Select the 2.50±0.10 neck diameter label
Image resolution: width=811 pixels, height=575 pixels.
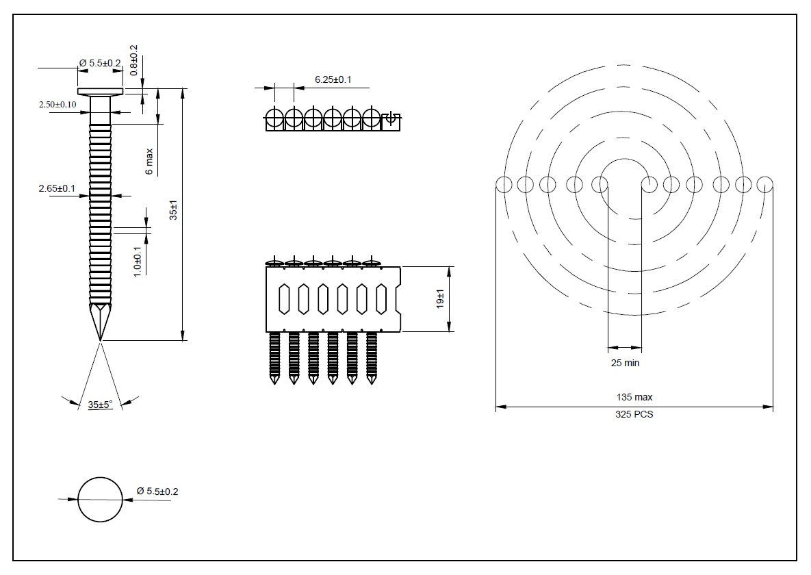tap(57, 104)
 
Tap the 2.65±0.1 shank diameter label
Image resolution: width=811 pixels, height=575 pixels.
tap(57, 188)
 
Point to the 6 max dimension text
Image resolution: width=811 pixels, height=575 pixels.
tap(150, 162)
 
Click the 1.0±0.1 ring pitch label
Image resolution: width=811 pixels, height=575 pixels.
tap(138, 261)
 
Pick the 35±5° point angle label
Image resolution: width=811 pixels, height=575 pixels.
tap(100, 405)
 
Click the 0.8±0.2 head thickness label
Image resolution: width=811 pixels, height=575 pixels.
tap(134, 60)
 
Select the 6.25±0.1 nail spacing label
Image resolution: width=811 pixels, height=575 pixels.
tap(333, 80)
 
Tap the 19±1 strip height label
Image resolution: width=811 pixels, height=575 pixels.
tap(441, 298)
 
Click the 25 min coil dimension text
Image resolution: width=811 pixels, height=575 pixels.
tap(625, 363)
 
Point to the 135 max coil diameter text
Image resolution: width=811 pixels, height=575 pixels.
tap(634, 397)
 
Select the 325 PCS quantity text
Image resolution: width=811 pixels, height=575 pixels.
tap(634, 414)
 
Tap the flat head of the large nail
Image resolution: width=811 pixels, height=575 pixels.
tap(100, 92)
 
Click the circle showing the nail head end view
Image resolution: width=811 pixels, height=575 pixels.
tap(100, 499)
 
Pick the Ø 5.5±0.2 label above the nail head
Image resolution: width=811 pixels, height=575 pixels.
tap(100, 63)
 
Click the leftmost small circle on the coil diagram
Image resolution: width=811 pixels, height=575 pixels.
tap(504, 184)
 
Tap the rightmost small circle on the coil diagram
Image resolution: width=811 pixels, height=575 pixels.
tap(764, 184)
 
